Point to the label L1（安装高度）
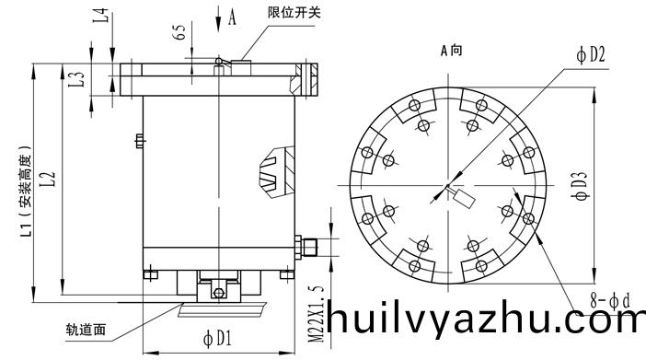coord(26,192)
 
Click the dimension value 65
coord(180,32)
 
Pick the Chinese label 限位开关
coord(294,12)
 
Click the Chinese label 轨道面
coord(87,330)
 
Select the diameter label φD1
coord(217,339)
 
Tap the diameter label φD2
coord(591,55)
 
